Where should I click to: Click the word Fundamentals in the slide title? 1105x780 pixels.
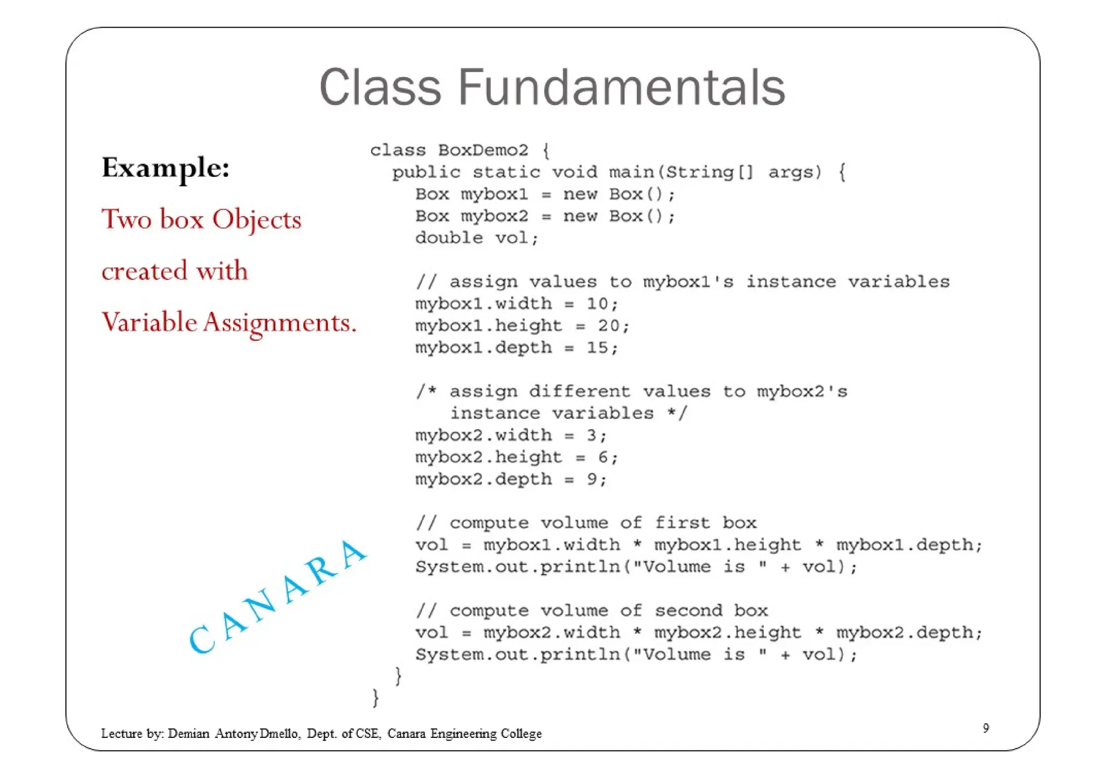pos(622,87)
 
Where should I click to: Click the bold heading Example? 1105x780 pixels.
pos(166,168)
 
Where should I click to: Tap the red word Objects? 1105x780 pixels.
pos(256,219)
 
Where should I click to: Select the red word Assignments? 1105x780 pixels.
pos(280,323)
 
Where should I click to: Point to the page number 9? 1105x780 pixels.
pos(986,728)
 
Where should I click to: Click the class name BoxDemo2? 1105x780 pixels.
pos(483,150)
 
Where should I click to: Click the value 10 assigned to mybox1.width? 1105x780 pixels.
pos(597,303)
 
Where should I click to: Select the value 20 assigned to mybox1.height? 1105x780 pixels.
pos(609,326)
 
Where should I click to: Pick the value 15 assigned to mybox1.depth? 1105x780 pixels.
pos(597,348)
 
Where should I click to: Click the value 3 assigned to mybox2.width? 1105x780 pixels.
pos(592,435)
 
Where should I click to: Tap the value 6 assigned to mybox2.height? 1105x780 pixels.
pos(603,457)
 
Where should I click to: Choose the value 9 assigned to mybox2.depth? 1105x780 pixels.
pos(592,479)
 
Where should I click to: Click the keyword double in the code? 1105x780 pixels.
pos(449,238)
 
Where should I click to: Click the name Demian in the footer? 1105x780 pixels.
pos(188,734)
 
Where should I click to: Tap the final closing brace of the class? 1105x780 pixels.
pos(376,698)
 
